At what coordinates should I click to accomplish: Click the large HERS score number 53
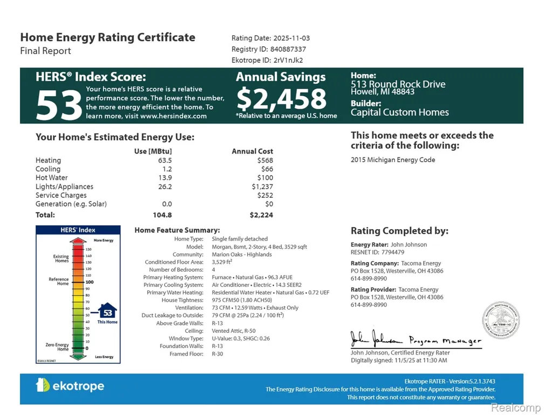click(x=59, y=105)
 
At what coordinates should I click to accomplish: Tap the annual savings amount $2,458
click(x=281, y=99)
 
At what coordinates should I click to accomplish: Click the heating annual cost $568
click(x=265, y=160)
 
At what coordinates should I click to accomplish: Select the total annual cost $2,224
click(x=261, y=215)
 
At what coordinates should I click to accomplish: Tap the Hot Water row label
click(x=51, y=178)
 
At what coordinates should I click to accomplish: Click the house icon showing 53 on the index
click(x=107, y=312)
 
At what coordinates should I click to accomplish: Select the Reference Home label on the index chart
click(x=59, y=282)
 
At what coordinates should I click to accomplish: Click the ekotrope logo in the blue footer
click(x=70, y=386)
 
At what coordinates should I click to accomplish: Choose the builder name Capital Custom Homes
click(x=399, y=112)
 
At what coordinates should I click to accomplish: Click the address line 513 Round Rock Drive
click(x=398, y=84)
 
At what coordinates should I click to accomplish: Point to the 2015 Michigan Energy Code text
click(x=392, y=160)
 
